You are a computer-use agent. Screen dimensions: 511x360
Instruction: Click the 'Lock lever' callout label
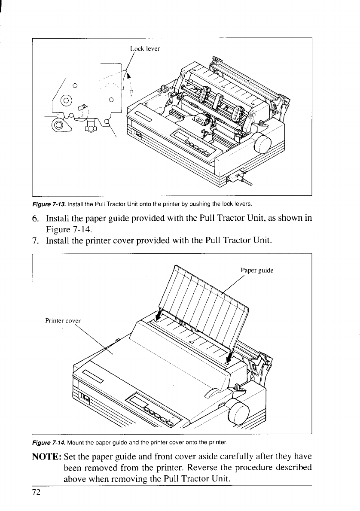pos(145,49)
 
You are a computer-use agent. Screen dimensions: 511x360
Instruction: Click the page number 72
pos(36,492)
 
